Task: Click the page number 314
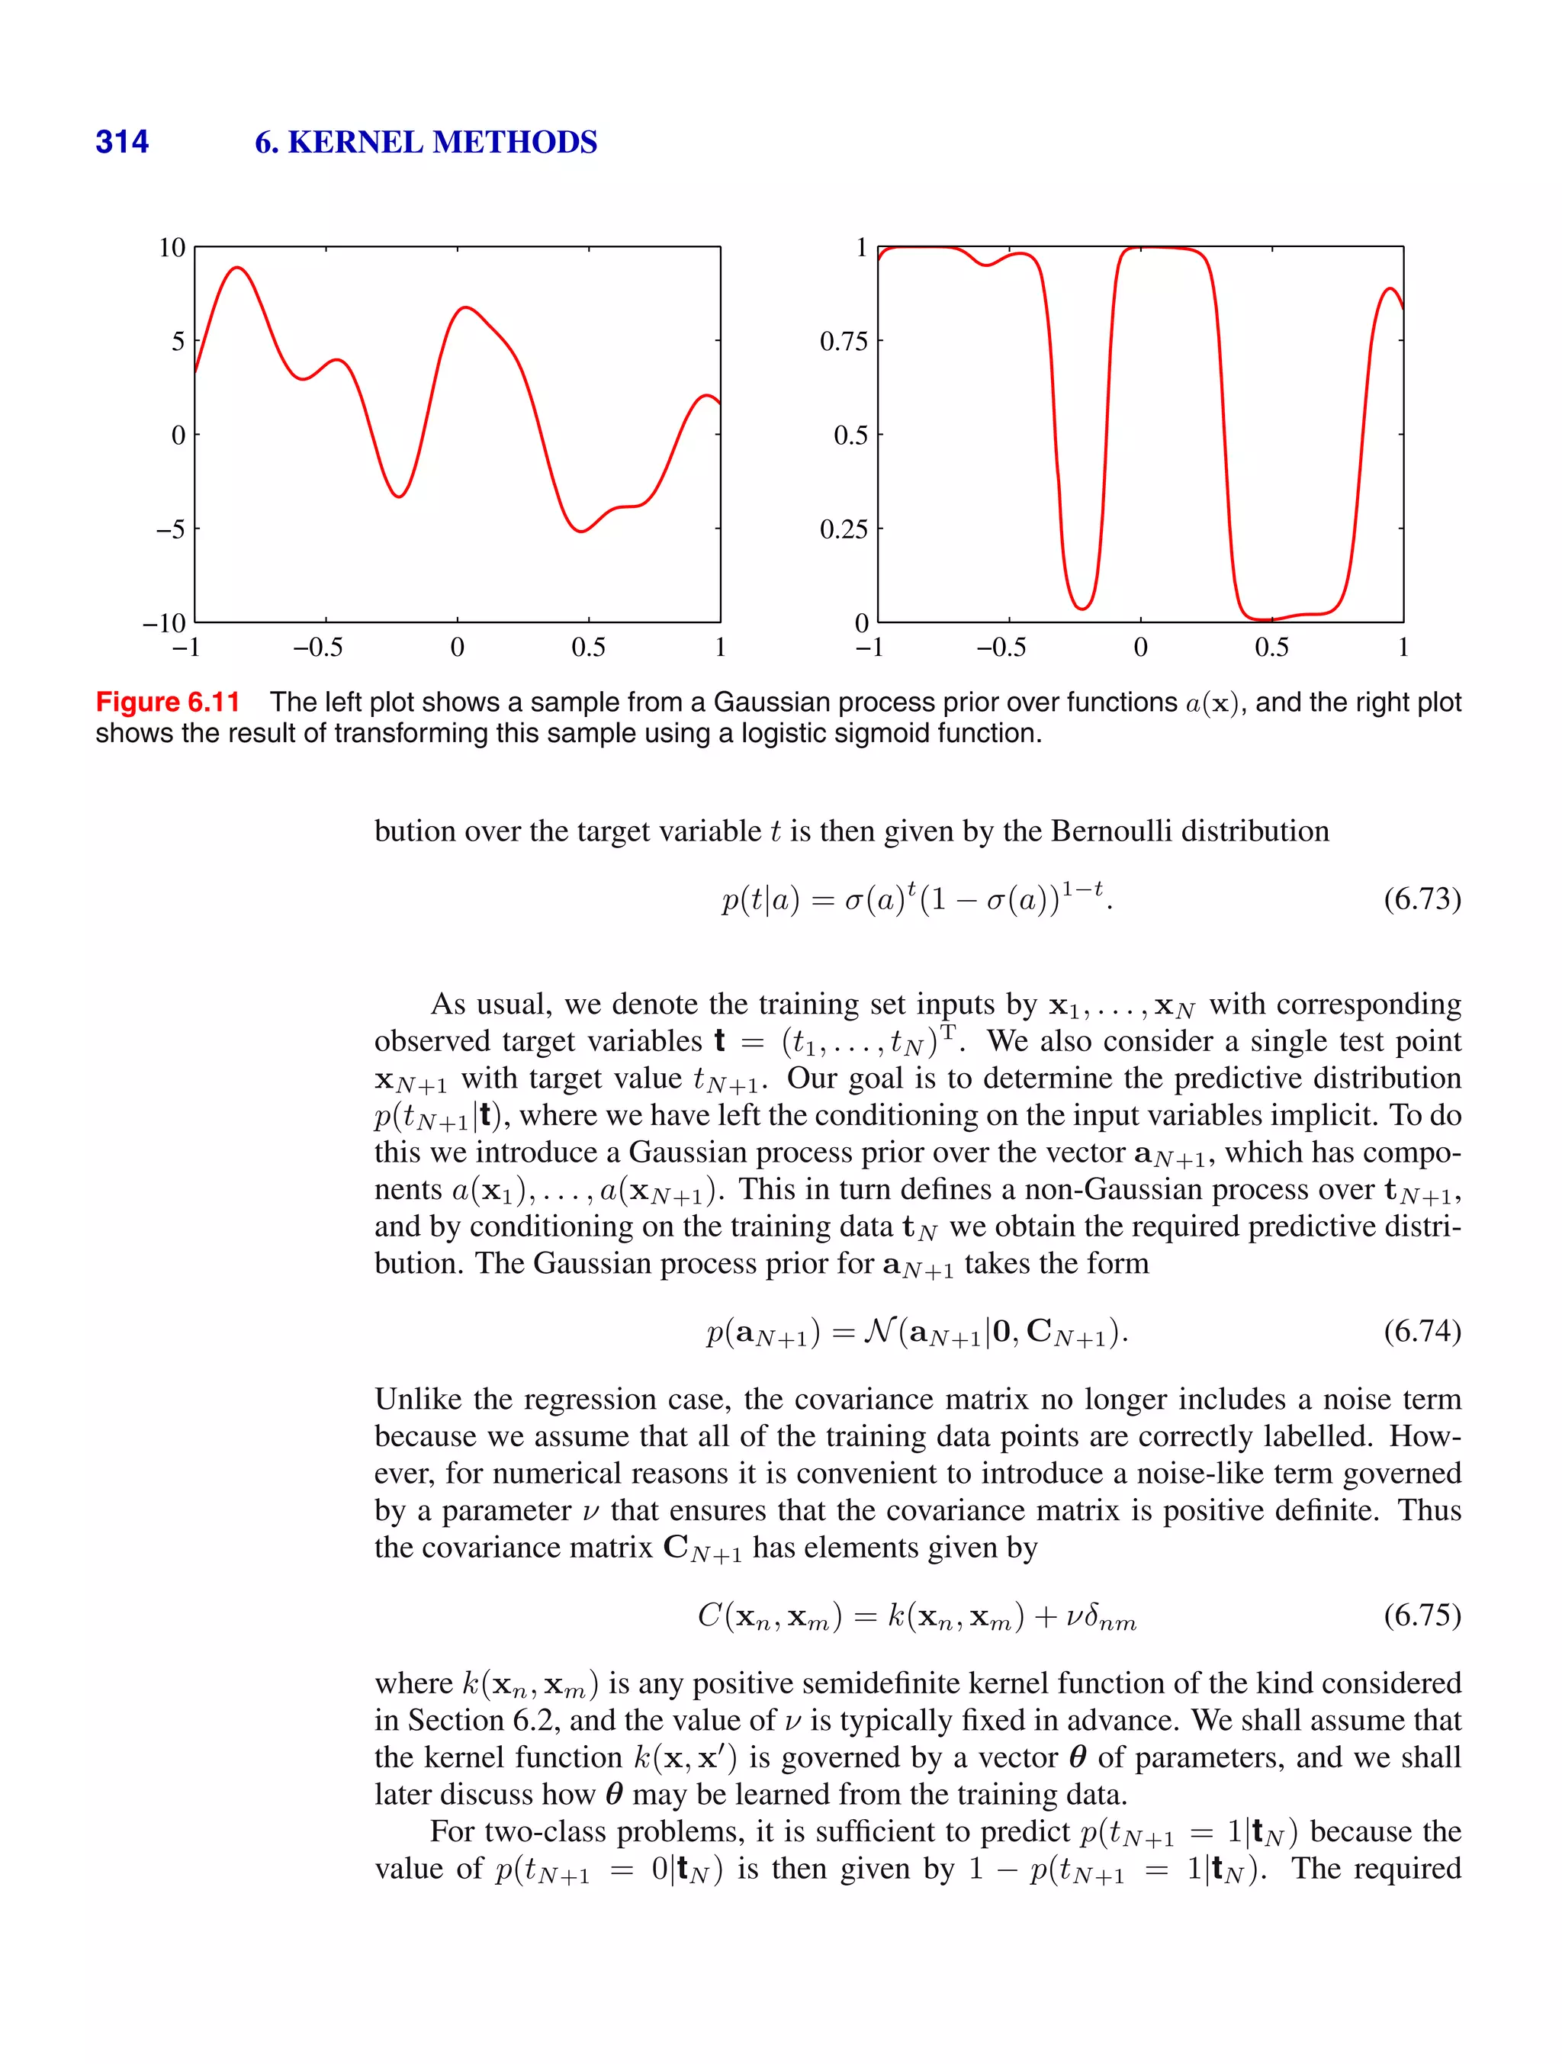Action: coord(121,142)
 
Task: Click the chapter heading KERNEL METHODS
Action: coord(442,142)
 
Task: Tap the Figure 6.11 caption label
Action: coord(168,702)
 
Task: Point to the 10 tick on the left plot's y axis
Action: coord(172,247)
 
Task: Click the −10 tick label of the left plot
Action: coord(164,622)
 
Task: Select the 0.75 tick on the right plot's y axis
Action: coord(844,342)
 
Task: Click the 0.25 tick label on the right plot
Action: coord(844,529)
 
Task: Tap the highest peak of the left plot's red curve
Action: coord(239,268)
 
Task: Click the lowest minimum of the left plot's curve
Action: coord(580,531)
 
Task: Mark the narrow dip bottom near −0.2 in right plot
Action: coord(1082,609)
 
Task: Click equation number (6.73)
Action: coord(1421,899)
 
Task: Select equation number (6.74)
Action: coord(1421,1330)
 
